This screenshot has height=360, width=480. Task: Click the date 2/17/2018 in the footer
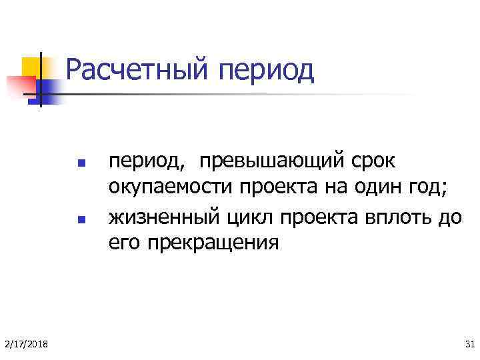pyautogui.click(x=25, y=343)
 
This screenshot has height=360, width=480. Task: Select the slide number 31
pyautogui.click(x=467, y=343)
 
